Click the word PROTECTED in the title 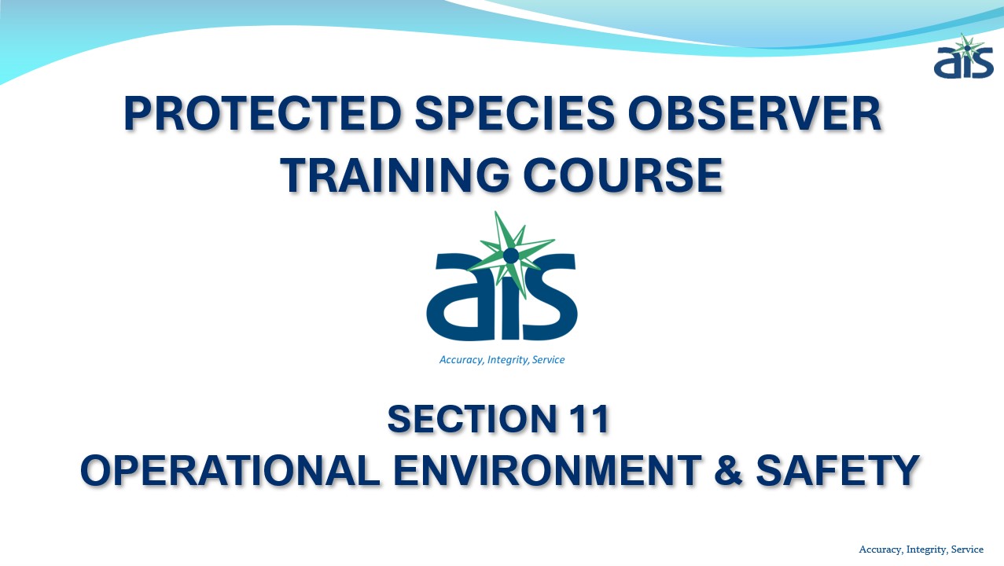click(x=263, y=113)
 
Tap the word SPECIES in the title click(x=515, y=113)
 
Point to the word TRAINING click(x=395, y=175)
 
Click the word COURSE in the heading click(x=623, y=175)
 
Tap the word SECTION click(x=471, y=419)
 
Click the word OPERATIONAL click(x=230, y=470)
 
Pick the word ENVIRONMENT click(x=547, y=470)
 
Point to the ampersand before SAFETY click(x=728, y=470)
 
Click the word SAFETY click(x=837, y=470)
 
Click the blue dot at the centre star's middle click(x=511, y=255)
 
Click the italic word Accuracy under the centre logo click(x=461, y=360)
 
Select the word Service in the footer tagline click(x=967, y=549)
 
